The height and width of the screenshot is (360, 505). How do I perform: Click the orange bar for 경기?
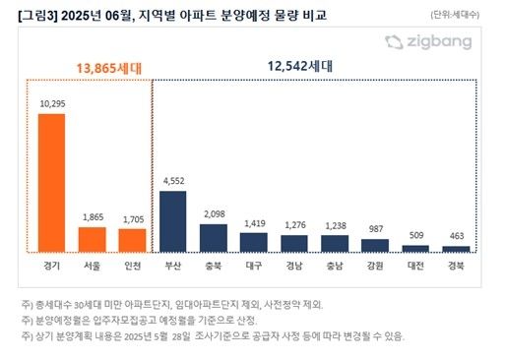(51, 183)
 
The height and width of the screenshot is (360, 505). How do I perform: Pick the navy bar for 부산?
(173, 222)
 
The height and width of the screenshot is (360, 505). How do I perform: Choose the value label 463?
(456, 237)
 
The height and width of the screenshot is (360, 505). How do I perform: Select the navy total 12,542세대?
(300, 66)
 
